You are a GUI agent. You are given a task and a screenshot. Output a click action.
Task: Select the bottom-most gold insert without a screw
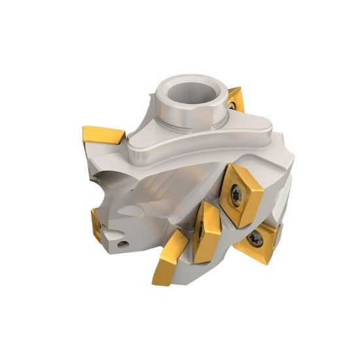(x=170, y=262)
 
